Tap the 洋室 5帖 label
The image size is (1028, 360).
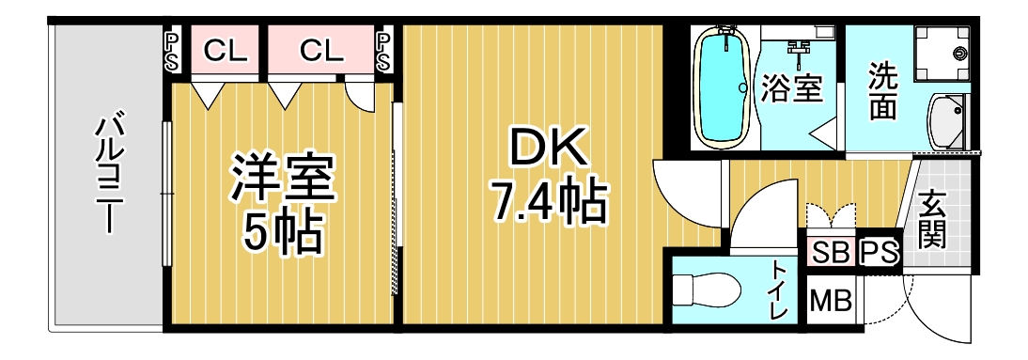283,204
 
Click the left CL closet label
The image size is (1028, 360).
225,51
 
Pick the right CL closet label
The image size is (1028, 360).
321,51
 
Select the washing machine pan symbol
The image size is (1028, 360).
942,52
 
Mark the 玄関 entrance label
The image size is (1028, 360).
931,220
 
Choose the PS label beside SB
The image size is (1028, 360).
878,251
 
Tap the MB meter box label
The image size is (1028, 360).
831,301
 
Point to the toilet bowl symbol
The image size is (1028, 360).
706,289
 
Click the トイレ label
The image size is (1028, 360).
780,290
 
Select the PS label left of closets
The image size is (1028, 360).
170,52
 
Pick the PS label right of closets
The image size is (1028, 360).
383,52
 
